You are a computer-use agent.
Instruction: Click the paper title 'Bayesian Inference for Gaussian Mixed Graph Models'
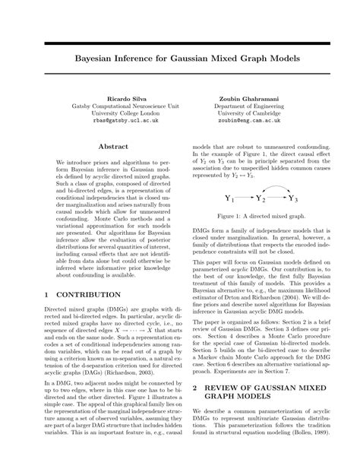(x=180, y=57)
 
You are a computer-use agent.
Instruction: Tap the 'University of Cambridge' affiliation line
(x=254, y=113)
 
